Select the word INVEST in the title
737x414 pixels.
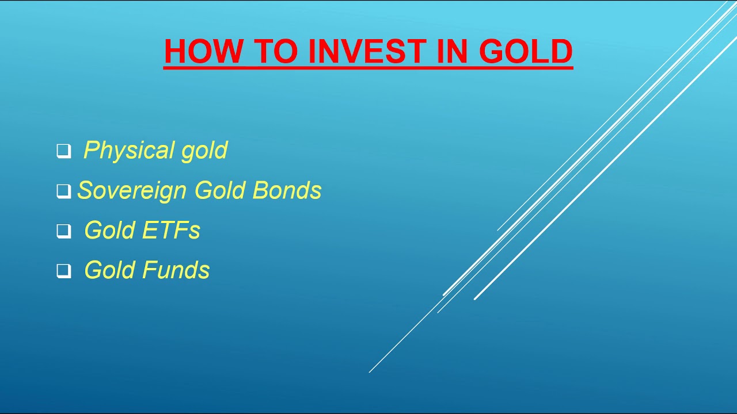point(368,51)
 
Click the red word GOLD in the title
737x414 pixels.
point(526,51)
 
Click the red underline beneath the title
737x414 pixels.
point(368,68)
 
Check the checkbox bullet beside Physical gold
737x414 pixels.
point(63,151)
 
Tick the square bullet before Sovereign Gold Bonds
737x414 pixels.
point(63,191)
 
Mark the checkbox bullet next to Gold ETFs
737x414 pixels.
point(63,231)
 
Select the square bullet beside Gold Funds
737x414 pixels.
point(63,271)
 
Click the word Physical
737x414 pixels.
point(128,151)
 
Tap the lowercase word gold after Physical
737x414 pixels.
point(204,151)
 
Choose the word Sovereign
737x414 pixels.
point(132,190)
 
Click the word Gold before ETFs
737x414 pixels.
point(109,230)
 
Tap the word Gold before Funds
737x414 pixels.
point(109,270)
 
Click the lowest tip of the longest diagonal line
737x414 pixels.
point(370,372)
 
